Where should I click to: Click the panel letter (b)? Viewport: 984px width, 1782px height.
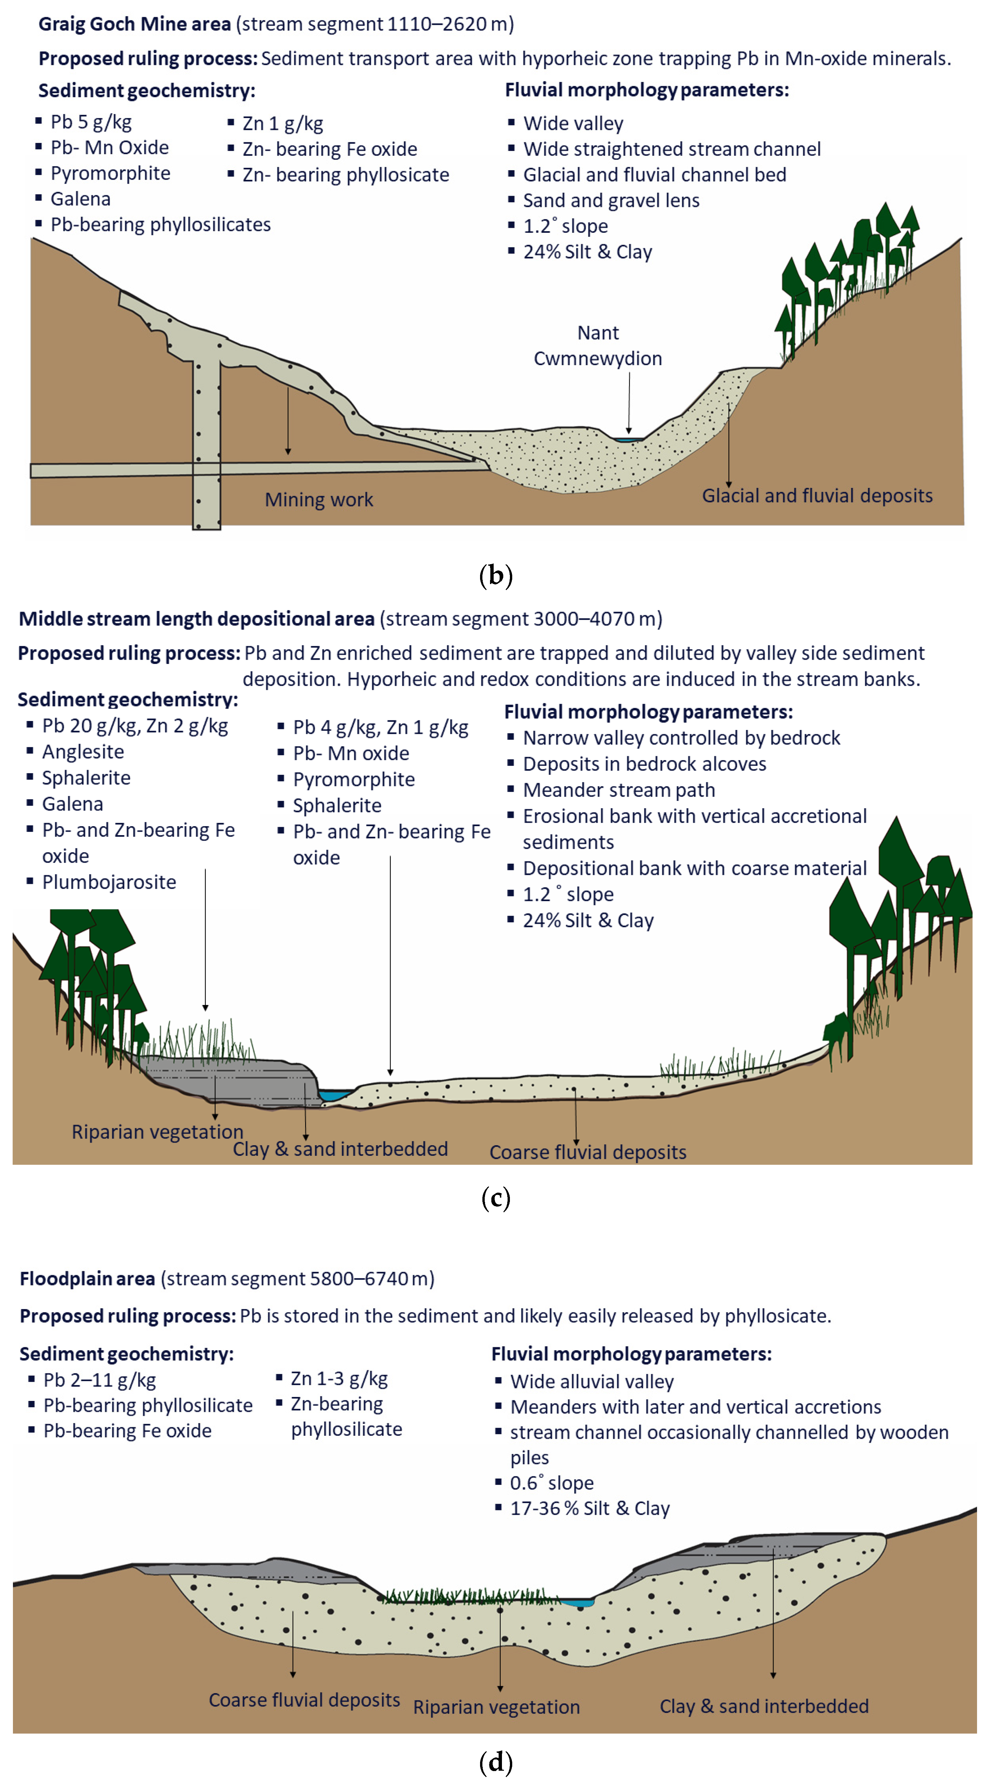click(495, 575)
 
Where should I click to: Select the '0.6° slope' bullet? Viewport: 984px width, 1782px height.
click(551, 1483)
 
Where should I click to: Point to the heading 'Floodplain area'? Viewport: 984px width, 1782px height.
click(87, 1279)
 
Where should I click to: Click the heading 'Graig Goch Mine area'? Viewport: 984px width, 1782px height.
click(134, 24)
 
